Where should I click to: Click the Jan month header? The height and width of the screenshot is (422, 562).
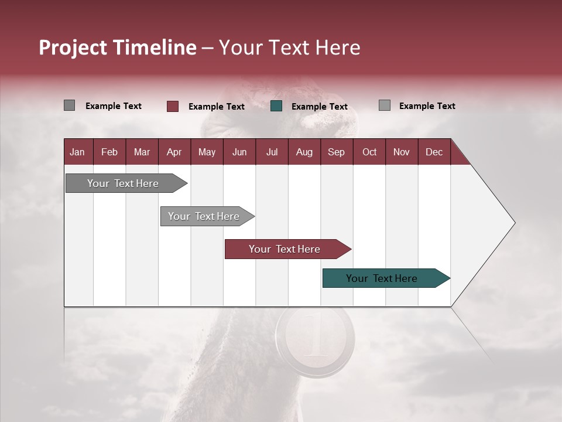[77, 152]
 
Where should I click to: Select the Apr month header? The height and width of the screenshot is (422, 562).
[174, 152]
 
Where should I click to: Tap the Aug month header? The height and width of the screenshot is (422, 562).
[304, 152]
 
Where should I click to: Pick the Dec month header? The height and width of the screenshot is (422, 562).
[434, 152]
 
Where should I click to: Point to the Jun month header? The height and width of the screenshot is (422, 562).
[239, 152]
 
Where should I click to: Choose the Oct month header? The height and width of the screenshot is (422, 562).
[369, 152]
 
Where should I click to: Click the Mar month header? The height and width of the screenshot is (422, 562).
[142, 152]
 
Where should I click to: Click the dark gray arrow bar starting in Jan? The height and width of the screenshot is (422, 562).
[123, 183]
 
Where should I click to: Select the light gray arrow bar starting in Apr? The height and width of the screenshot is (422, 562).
[204, 216]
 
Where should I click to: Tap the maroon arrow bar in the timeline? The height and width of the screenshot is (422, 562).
[285, 249]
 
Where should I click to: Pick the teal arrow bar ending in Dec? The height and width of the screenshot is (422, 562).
[382, 278]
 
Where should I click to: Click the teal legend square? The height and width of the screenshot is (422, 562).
[276, 106]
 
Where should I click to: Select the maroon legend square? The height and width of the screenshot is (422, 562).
[173, 106]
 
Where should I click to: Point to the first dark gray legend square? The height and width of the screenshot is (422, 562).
[69, 105]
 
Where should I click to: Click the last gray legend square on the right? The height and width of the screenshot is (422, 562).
[384, 105]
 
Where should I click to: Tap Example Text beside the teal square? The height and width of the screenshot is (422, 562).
[319, 107]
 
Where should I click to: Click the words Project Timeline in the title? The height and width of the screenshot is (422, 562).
[117, 47]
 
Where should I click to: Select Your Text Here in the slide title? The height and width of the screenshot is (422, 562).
[289, 47]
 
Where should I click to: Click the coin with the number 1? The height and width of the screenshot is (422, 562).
[315, 338]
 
